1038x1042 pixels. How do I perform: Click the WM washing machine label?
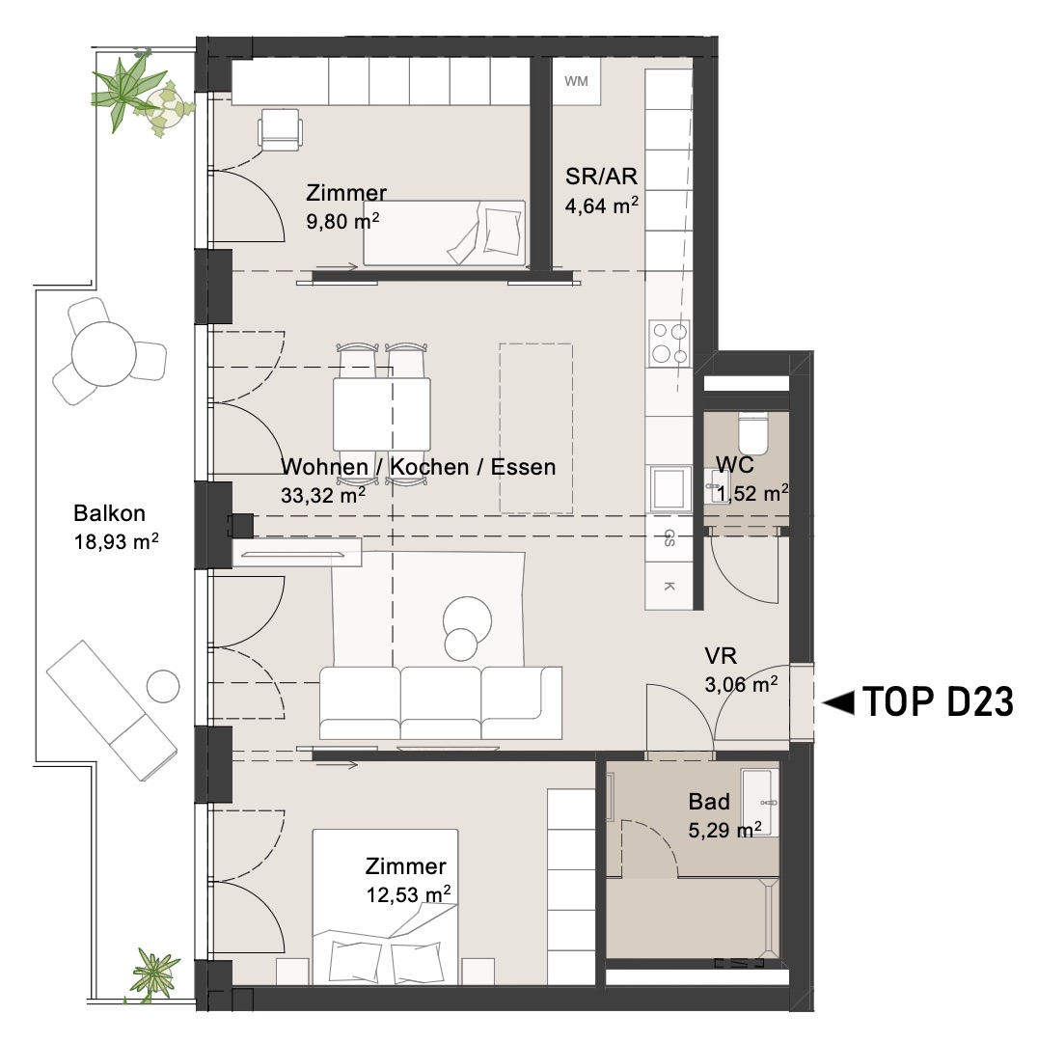[x=576, y=81]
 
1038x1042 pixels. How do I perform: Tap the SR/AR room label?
[x=601, y=177]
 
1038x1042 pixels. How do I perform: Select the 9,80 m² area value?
[x=342, y=221]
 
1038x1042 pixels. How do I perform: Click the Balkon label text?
[x=109, y=513]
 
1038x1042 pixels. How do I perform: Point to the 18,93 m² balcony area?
[x=117, y=541]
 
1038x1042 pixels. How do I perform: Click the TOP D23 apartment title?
[x=939, y=701]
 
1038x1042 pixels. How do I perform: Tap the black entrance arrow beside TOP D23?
[x=838, y=702]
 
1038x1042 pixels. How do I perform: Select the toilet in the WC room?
[x=752, y=432]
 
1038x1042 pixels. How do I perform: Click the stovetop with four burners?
[x=669, y=343]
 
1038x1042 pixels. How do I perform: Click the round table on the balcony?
[x=103, y=353]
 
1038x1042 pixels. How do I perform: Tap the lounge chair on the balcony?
[x=112, y=710]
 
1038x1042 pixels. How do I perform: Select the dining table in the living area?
[x=381, y=414]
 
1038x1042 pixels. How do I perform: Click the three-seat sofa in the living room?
[x=441, y=703]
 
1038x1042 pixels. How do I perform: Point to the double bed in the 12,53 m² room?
[x=386, y=906]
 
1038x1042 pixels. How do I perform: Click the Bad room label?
[x=709, y=802]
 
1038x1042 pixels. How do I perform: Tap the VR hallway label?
[x=721, y=656]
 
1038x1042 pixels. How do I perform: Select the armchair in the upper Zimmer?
[x=281, y=129]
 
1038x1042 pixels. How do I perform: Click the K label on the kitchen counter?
[x=669, y=587]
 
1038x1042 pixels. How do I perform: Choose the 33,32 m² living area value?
[x=323, y=495]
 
